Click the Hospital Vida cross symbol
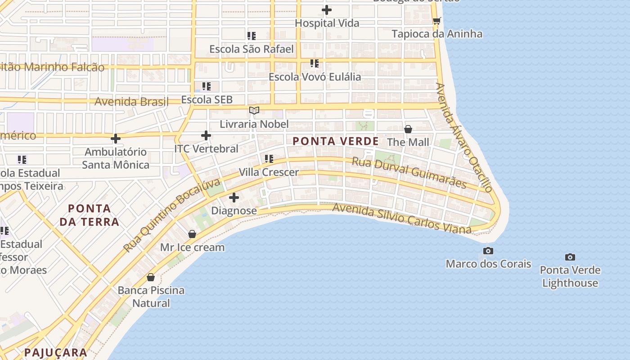tap(327, 9)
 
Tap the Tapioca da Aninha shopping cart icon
tap(436, 21)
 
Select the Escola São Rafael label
tap(251, 49)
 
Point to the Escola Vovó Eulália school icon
tap(314, 63)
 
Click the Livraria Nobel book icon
tap(254, 110)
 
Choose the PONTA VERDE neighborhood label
tap(336, 141)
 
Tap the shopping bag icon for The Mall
tap(408, 129)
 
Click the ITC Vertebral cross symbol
tap(206, 135)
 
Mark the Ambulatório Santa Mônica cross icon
tap(116, 139)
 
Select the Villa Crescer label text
tap(269, 172)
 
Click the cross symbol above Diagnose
tap(234, 197)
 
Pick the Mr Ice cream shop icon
tap(192, 234)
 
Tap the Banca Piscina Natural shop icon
tap(151, 277)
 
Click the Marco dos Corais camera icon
tap(488, 251)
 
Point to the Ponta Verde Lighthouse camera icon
tap(570, 257)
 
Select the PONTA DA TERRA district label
tap(90, 215)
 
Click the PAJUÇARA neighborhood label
tap(56, 352)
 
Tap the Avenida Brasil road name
tap(131, 101)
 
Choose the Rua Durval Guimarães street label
tap(409, 172)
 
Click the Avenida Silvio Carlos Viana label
tap(402, 218)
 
